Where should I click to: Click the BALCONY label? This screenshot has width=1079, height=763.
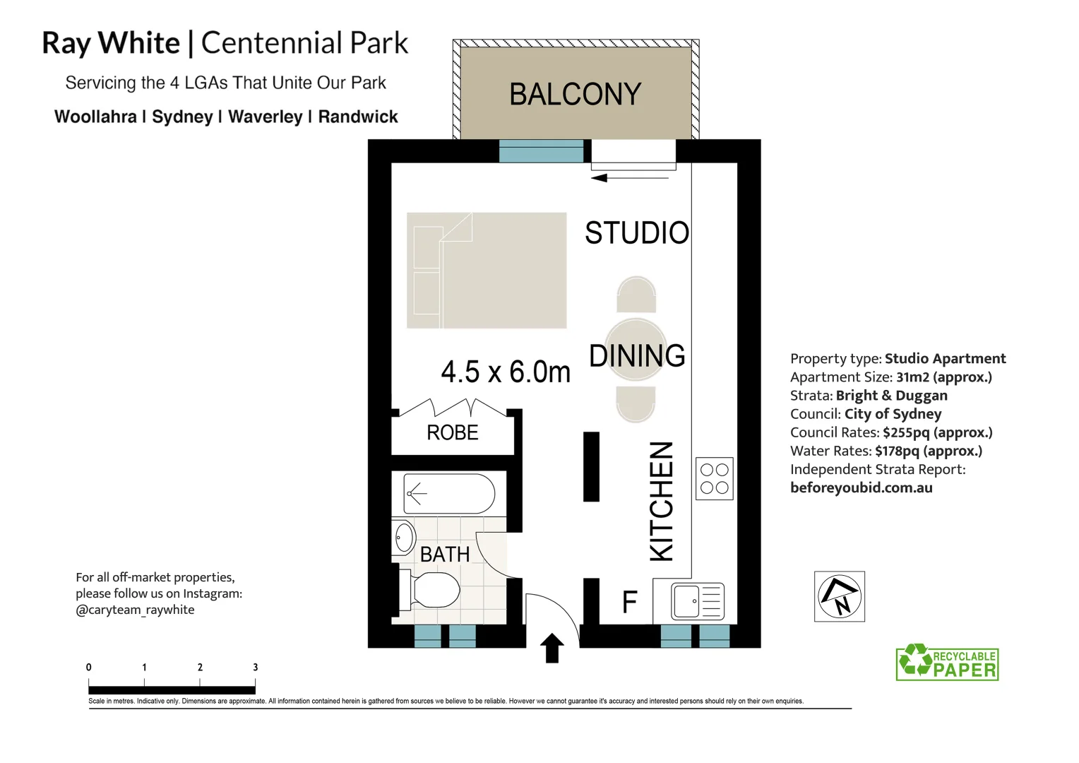click(x=575, y=95)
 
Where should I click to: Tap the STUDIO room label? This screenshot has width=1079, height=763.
click(x=636, y=233)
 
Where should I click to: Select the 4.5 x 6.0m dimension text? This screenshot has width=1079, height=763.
click(x=506, y=372)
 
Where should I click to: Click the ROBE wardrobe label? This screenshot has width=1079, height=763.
click(x=452, y=432)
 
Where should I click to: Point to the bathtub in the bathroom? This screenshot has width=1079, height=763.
click(x=449, y=494)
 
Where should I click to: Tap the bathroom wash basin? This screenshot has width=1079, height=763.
click(x=404, y=538)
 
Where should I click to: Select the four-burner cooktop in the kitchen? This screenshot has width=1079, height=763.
click(x=714, y=479)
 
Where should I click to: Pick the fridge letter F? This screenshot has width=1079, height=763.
click(x=629, y=603)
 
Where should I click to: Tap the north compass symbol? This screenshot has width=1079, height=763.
click(x=839, y=596)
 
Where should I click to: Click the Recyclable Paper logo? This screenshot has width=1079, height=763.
click(x=947, y=663)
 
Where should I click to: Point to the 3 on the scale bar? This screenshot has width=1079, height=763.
click(x=255, y=667)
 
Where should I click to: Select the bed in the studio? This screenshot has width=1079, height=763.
click(x=487, y=270)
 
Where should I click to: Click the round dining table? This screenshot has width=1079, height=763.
click(x=636, y=350)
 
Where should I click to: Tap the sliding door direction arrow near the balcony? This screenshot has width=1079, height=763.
click(x=629, y=178)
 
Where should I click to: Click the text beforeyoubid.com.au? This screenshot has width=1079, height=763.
click(x=861, y=487)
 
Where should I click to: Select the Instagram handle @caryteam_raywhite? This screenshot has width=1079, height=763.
click(x=135, y=610)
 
